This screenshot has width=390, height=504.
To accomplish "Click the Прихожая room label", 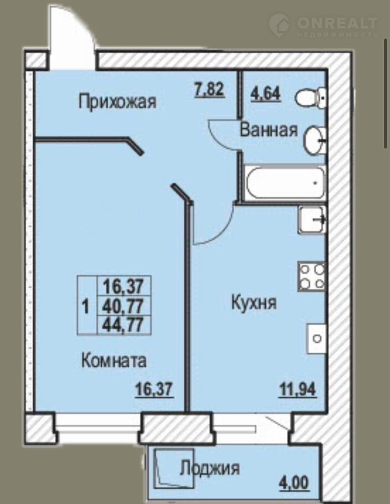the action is point(117,102).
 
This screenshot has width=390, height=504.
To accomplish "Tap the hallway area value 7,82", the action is point(209,89).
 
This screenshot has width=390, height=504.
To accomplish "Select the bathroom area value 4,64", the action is point(266,94).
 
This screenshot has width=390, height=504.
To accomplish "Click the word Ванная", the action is point(269,130).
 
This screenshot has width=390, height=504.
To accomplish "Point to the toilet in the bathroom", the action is point(311,96).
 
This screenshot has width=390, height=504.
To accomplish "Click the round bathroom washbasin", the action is point(315,141).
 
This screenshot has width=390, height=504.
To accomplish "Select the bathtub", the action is point(285,183).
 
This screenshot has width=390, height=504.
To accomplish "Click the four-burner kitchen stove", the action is point(312,277).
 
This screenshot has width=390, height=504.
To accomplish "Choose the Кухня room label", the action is point(254,303).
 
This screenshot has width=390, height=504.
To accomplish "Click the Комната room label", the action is point(114,361).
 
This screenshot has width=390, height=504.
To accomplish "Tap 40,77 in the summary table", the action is point(122,306).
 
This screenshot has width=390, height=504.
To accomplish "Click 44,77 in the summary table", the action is point(122,325).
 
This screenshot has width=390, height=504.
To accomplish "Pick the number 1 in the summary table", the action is point(85,306).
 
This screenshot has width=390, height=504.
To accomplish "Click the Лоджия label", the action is point(209,468).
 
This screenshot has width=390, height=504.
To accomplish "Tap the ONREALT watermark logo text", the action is point(337,23).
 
